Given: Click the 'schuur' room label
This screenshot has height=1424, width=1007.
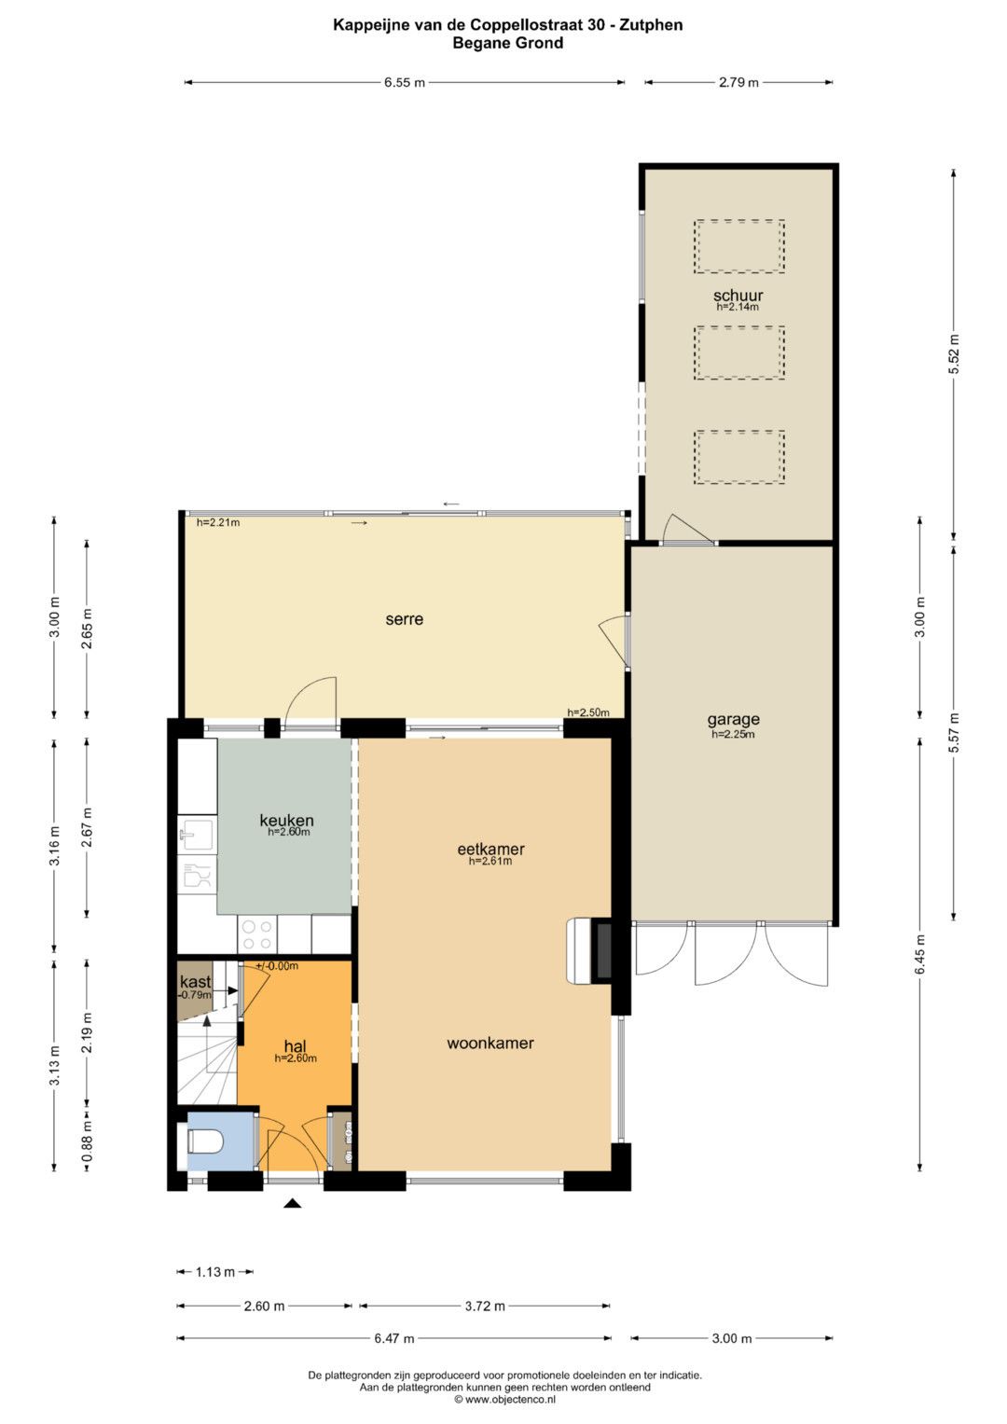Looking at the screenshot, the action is point(738,295).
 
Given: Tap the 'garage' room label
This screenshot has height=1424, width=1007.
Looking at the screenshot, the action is point(733,719).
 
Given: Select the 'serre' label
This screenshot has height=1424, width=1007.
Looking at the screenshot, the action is point(405,619).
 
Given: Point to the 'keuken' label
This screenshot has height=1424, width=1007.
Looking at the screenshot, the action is point(286,820).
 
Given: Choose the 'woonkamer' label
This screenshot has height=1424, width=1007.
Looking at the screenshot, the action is point(490,1043).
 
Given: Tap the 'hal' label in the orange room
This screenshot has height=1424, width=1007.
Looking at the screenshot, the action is point(296,1046).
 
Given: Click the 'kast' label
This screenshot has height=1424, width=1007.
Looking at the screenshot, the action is point(195,981).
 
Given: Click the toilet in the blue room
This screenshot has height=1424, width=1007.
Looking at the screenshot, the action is point(205,1141).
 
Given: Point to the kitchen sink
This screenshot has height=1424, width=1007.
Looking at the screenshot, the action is point(198,835).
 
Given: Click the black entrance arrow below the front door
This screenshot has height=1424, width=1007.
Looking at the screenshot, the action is point(292,1202).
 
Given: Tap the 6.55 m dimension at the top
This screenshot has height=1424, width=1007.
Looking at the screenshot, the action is point(405,83).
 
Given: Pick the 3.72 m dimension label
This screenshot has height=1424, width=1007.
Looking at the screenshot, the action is point(485,1306).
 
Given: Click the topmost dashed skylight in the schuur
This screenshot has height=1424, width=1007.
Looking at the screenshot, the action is point(738,246).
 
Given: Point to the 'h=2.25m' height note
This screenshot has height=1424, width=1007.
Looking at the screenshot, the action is point(733,734).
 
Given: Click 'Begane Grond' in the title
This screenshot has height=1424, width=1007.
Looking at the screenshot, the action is point(508,43).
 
